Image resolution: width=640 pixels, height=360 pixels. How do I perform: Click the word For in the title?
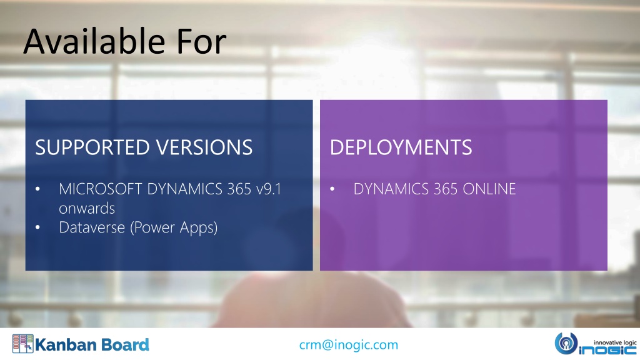pyautogui.click(x=201, y=42)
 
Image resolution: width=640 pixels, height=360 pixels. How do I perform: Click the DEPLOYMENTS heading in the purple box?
pyautogui.click(x=401, y=147)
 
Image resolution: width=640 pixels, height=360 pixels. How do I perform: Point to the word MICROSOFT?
pyautogui.click(x=101, y=189)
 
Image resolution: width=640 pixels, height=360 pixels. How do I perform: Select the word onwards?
pyautogui.click(x=87, y=209)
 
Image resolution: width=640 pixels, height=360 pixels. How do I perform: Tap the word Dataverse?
pyautogui.click(x=92, y=227)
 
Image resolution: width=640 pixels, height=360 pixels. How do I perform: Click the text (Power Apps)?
pyautogui.click(x=174, y=227)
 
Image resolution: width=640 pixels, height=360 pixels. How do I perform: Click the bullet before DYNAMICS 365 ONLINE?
pyautogui.click(x=332, y=189)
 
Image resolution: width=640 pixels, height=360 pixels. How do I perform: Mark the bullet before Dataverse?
pyautogui.click(x=38, y=227)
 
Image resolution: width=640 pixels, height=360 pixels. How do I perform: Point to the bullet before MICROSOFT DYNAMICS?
pyautogui.click(x=38, y=189)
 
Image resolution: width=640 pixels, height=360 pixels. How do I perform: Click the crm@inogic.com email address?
pyautogui.click(x=349, y=345)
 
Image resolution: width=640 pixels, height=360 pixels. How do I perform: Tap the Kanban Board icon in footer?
pyautogui.click(x=23, y=344)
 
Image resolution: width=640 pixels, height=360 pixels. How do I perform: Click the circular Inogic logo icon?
pyautogui.click(x=566, y=343)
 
